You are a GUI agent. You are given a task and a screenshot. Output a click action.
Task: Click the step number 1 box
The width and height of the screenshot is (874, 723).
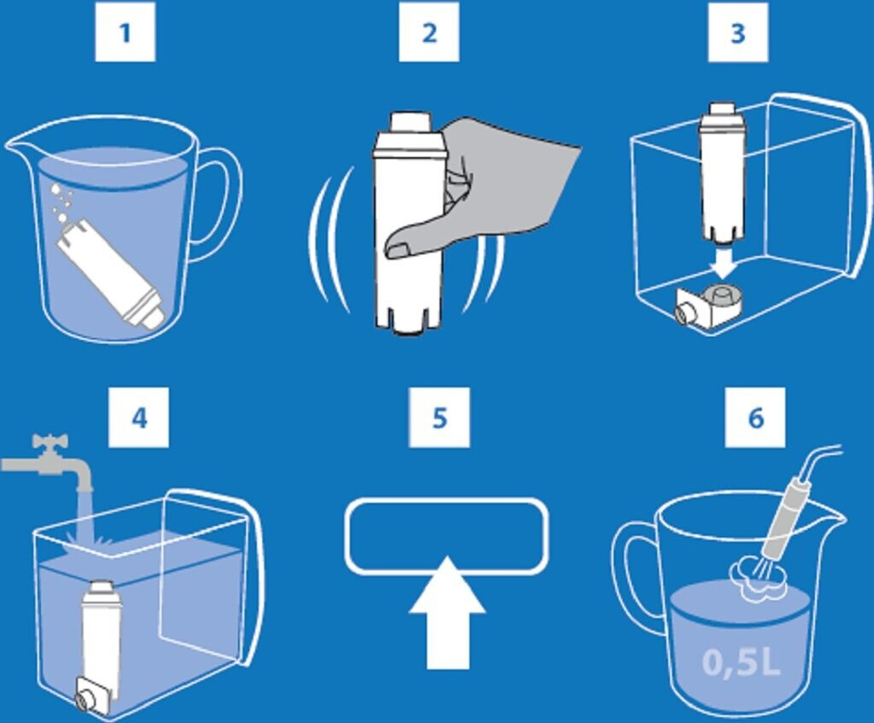[x=125, y=32]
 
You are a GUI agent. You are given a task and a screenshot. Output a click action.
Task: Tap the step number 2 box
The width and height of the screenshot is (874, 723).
[x=428, y=32]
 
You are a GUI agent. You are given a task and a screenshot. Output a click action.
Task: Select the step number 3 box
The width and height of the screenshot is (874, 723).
[x=738, y=32]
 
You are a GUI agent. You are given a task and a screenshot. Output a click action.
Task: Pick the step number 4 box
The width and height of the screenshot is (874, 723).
[x=138, y=417]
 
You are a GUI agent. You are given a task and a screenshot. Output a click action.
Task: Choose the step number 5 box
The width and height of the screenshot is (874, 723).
[x=440, y=417]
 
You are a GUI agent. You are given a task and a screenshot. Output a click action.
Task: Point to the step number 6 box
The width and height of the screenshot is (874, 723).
[x=755, y=417]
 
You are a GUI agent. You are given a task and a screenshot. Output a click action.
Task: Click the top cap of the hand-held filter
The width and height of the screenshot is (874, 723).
[x=410, y=122]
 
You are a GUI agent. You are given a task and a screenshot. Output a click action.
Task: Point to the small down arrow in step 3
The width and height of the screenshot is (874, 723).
[x=724, y=265]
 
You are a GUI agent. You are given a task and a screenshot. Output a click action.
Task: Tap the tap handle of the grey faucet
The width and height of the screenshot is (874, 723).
[x=50, y=442]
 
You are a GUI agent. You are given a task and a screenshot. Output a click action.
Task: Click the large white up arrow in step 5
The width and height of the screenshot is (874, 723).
[x=447, y=613]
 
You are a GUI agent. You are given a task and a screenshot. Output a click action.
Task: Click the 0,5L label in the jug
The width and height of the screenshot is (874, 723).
[x=741, y=662]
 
